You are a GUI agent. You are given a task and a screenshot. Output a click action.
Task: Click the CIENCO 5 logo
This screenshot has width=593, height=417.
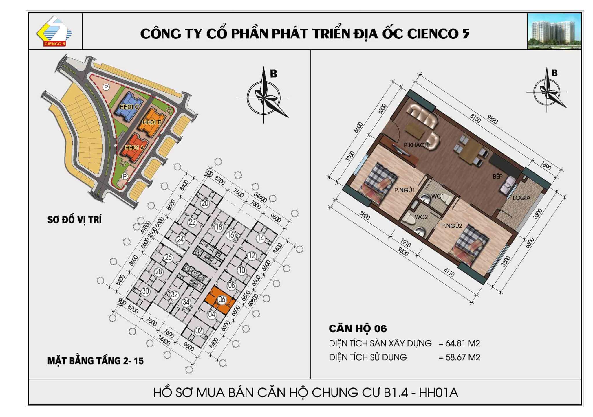tap(54, 31)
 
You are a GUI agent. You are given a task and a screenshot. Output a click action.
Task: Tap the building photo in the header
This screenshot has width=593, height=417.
tap(554, 31)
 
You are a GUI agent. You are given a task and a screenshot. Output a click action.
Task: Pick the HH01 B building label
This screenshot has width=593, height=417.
tap(152, 122)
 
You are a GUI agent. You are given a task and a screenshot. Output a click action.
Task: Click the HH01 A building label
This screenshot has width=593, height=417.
tap(134, 148)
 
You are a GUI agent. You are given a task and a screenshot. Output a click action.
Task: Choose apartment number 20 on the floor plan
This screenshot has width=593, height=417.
tap(205, 203)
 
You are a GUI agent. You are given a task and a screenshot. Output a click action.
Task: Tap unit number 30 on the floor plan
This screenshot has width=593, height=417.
tap(145, 291)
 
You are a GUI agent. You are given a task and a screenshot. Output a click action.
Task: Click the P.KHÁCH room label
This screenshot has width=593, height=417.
tap(416, 145)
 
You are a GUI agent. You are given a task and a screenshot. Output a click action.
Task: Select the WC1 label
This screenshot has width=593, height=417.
tap(438, 196)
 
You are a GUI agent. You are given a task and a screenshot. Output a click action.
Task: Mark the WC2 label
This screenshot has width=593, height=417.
tap(421, 217)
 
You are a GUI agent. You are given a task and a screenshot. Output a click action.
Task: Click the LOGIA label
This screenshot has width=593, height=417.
tap(521, 198)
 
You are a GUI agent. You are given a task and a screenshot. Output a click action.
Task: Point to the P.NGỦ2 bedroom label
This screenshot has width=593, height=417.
tap(451, 226)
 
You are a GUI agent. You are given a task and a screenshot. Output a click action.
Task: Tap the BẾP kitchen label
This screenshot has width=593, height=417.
tap(497, 176)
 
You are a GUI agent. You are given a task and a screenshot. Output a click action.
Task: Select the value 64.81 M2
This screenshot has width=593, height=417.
tap(462, 343)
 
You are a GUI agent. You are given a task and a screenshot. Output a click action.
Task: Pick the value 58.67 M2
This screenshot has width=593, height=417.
tap(463, 357)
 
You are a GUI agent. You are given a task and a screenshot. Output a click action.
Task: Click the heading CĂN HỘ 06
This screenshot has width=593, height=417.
tap(358, 328)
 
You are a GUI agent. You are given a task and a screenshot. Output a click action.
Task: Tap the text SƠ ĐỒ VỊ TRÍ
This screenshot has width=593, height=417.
tap(74, 220)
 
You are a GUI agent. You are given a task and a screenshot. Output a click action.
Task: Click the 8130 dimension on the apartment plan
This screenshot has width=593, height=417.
tap(475, 118)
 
